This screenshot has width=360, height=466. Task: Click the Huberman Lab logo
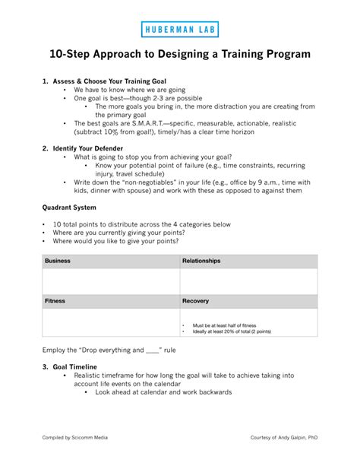pyautogui.click(x=179, y=30)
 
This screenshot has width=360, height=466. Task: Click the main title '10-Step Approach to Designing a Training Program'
pyautogui.click(x=180, y=55)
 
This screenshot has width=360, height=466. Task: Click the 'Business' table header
pyautogui.click(x=58, y=261)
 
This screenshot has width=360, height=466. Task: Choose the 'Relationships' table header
pyautogui.click(x=201, y=261)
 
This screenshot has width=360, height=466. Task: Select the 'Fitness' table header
pyautogui.click(x=55, y=301)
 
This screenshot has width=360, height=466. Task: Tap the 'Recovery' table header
pyautogui.click(x=196, y=301)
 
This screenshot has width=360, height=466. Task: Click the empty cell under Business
pyautogui.click(x=111, y=281)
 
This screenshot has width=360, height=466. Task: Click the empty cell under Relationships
pyautogui.click(x=248, y=281)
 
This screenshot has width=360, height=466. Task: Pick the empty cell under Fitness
pyautogui.click(x=111, y=322)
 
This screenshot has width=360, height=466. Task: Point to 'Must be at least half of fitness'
pyautogui.click(x=224, y=325)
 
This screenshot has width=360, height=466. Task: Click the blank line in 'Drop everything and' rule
pyautogui.click(x=153, y=350)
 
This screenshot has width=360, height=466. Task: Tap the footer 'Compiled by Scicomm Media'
pyautogui.click(x=76, y=438)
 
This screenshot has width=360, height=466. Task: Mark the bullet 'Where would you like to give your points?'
pyautogui.click(x=115, y=241)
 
